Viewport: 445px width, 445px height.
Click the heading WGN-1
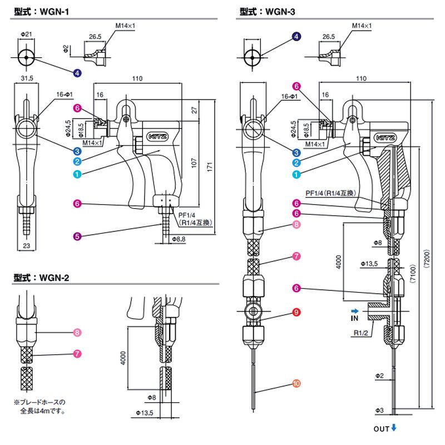coord(41,12)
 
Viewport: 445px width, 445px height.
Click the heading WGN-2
coord(41,278)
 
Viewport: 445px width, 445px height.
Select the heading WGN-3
coord(267,12)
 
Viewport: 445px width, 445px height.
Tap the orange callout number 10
coord(296,384)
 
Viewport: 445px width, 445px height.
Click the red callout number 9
coord(296,312)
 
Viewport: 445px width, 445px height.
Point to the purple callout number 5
coord(77,236)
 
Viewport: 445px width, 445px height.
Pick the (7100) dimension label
coord(413,274)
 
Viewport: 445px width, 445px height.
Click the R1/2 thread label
coord(360,333)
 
